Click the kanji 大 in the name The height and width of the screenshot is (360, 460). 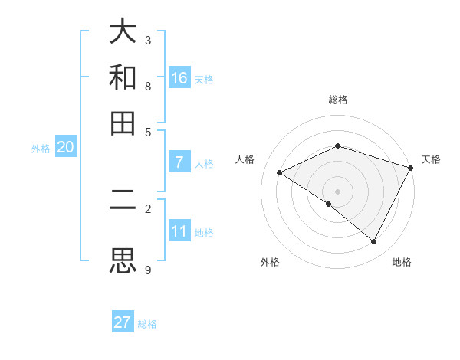coord(123,33)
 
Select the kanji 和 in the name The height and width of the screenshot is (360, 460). coord(123,78)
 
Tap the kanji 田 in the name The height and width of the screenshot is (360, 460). coord(123,123)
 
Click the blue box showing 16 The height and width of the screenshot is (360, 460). coord(179,78)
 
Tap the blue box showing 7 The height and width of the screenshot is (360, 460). coord(179,162)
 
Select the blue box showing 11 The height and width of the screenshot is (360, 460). coord(179,231)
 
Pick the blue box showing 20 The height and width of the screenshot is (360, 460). coord(65,148)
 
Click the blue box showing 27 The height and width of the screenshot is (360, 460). coord(123,322)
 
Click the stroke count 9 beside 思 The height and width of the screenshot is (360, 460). coord(148,270)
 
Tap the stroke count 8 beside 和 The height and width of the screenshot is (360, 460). coord(148,86)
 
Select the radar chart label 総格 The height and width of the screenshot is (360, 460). coord(338,100)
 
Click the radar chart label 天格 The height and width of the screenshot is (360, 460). coord(431,159)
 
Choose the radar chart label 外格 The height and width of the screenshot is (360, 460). coord(270,262)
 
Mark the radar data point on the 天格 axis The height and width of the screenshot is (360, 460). coord(411,167)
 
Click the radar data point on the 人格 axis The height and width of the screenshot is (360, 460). coord(280,172)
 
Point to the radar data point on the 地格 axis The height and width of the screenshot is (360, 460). coord(374,242)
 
